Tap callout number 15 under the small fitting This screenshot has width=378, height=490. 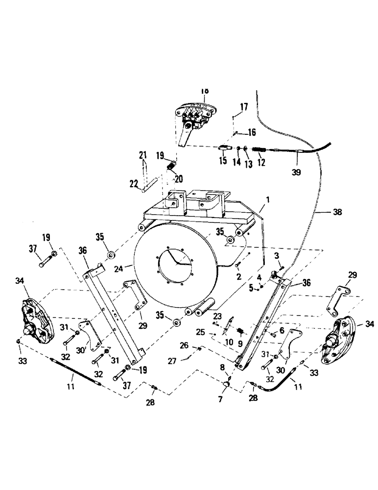tap(223, 161)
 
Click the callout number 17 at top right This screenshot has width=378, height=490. tap(243, 106)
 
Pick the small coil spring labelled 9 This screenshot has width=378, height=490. tap(240, 332)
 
